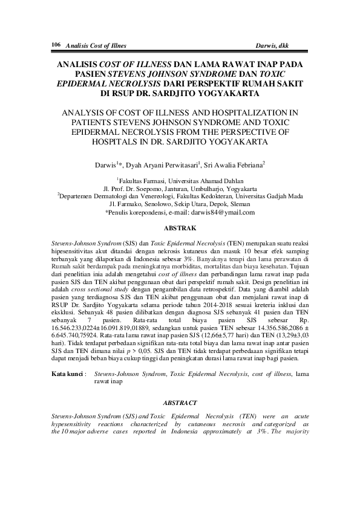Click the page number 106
[x=56, y=45]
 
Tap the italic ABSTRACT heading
[x=180, y=403]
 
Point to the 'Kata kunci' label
[x=67, y=375]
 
